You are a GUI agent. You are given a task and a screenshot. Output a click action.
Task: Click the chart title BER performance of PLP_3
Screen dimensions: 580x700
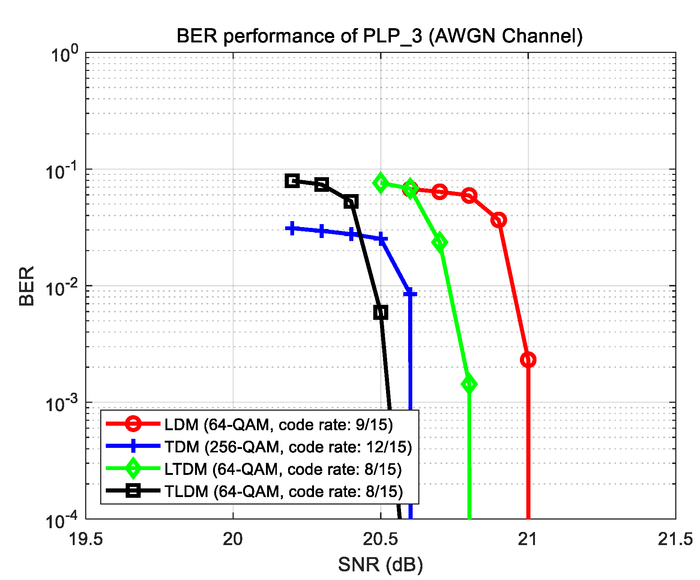tap(380, 36)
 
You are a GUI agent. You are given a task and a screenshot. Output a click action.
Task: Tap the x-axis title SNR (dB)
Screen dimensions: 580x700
tap(380, 564)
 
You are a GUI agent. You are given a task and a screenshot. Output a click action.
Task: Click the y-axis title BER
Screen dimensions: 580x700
tap(27, 286)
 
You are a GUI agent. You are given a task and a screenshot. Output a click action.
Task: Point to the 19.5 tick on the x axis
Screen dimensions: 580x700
tap(86, 539)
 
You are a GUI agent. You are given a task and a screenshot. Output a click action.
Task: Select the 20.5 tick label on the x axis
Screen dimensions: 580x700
tap(380, 539)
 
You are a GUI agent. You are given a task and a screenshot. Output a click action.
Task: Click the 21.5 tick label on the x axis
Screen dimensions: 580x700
tap(675, 539)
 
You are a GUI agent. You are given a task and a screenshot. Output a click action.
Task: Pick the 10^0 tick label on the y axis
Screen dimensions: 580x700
tap(65, 55)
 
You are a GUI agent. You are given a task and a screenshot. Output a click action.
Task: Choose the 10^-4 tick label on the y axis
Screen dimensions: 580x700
tap(62, 521)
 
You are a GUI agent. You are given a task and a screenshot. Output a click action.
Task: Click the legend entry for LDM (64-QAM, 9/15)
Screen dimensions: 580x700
tap(278, 425)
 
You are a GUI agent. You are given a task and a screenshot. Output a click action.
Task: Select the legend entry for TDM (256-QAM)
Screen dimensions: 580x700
tap(288, 447)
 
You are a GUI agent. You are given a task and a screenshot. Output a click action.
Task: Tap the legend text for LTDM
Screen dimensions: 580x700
tap(283, 469)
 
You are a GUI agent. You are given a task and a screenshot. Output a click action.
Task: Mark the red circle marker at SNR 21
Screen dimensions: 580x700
tap(528, 360)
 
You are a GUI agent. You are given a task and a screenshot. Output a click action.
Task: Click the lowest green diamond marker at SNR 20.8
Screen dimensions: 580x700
tap(469, 384)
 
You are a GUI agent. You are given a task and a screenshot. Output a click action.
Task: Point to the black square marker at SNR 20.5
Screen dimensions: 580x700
tap(381, 312)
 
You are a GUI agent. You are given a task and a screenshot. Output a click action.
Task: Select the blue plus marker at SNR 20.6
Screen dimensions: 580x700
tap(410, 294)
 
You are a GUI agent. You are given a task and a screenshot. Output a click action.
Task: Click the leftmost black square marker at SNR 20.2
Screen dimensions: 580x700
tap(292, 181)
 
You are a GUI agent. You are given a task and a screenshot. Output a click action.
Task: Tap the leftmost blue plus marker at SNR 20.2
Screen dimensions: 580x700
tap(292, 228)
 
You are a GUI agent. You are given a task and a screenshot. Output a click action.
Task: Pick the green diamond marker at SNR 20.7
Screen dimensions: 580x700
tap(440, 242)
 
